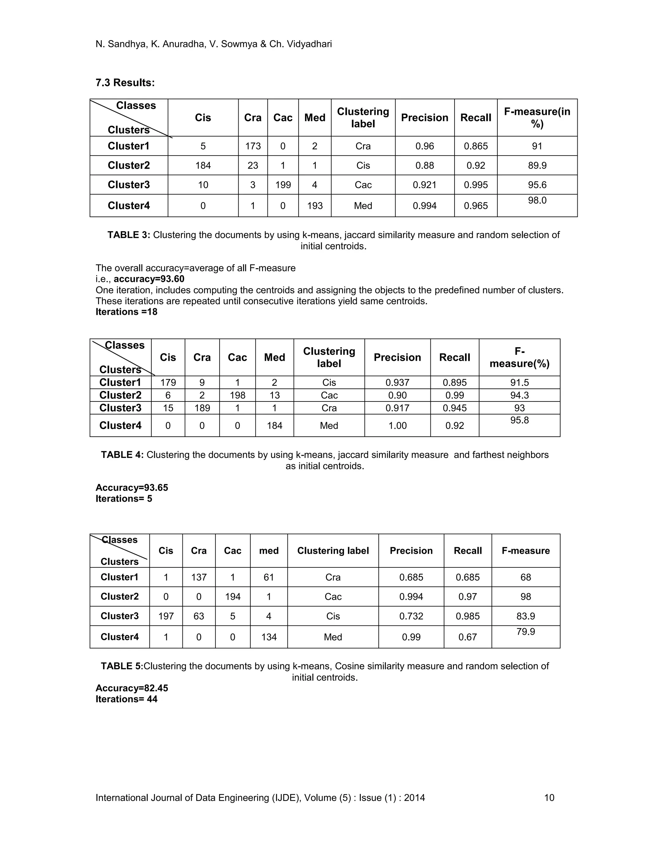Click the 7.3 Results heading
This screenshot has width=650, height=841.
pyautogui.click(x=125, y=83)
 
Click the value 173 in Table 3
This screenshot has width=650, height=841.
pyautogui.click(x=253, y=146)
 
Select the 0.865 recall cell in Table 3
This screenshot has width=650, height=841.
pyautogui.click(x=475, y=146)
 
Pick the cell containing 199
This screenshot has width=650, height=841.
pyautogui.click(x=283, y=185)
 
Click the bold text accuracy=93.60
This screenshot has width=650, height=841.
pyautogui.click(x=149, y=279)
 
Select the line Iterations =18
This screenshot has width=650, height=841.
pyautogui.click(x=126, y=312)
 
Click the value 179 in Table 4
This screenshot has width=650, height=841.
pyautogui.click(x=168, y=382)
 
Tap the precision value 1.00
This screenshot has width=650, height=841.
pyautogui.click(x=397, y=426)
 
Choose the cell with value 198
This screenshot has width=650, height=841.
pyautogui.click(x=237, y=395)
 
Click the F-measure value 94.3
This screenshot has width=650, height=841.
pyautogui.click(x=520, y=395)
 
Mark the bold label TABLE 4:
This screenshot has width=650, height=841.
pyautogui.click(x=122, y=455)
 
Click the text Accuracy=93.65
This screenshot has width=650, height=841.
pyautogui.click(x=132, y=487)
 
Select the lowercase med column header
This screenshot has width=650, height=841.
pyautogui.click(x=269, y=551)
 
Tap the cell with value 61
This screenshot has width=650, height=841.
pyautogui.click(x=269, y=577)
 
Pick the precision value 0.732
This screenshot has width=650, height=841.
pyautogui.click(x=411, y=616)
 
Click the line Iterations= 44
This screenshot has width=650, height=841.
pyautogui.click(x=126, y=699)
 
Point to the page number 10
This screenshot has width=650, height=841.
pyautogui.click(x=549, y=798)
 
